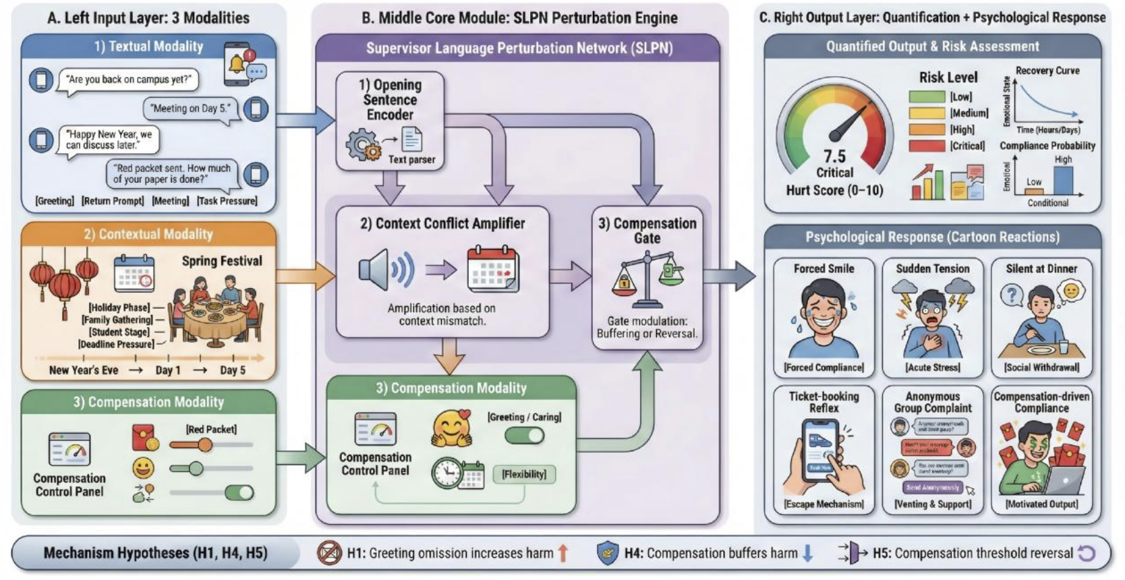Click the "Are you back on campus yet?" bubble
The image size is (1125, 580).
[128, 80]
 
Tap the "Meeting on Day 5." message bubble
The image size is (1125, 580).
[191, 109]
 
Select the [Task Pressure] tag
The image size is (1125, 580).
[227, 201]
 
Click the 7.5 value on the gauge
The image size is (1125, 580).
[834, 156]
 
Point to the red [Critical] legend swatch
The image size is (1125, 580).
[927, 146]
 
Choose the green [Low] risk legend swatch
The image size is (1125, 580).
[927, 97]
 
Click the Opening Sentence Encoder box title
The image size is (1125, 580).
[390, 100]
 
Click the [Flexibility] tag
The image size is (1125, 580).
[524, 474]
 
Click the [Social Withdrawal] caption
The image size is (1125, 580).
[1041, 368]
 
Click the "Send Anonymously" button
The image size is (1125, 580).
[933, 487]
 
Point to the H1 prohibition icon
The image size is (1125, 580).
[329, 553]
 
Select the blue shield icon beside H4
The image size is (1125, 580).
[608, 553]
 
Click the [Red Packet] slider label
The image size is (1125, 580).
[211, 429]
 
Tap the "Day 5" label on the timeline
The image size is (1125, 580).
[233, 370]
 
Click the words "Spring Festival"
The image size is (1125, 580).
[222, 261]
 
